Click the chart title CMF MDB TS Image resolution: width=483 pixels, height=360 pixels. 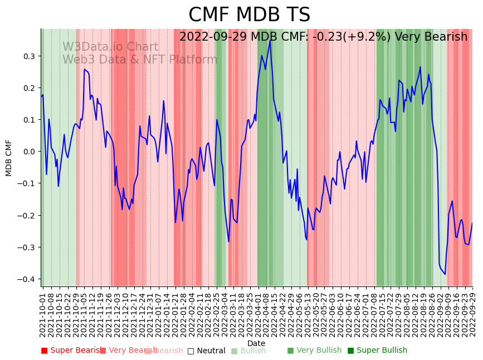(249, 15)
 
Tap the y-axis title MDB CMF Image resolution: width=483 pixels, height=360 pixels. (9, 158)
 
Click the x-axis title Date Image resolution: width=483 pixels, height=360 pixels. (256, 343)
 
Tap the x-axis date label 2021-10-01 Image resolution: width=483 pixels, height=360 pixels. (43, 313)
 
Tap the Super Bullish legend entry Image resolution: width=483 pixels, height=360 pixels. (377, 351)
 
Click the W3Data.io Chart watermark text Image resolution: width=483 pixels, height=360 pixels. (110, 47)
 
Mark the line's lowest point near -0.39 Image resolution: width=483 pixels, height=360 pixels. (445, 274)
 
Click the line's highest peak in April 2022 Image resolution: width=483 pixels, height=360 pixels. (270, 40)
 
